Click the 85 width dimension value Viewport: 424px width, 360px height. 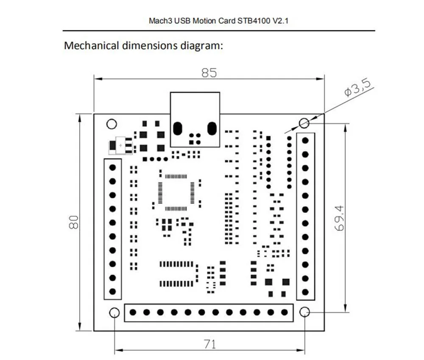209,73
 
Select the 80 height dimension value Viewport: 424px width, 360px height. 74,222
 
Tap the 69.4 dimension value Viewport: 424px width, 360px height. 339,218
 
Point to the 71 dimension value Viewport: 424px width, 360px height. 209,344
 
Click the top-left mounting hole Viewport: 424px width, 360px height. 112,124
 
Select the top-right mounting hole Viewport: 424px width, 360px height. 304,123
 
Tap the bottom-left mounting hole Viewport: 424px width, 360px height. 114,313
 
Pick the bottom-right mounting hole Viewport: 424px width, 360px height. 304,313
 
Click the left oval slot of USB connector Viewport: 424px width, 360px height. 177,128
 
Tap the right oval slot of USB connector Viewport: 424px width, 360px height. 212,128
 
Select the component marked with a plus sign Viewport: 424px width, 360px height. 120,145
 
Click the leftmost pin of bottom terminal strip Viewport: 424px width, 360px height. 133,313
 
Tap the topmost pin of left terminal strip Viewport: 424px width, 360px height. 112,167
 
